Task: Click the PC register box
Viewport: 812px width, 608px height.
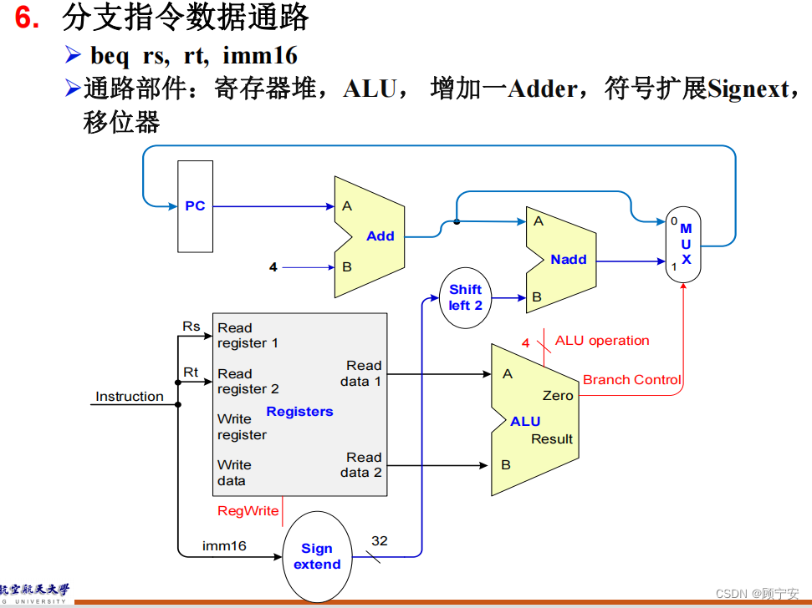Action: [x=195, y=206]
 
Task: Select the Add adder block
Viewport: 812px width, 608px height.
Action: [x=370, y=236]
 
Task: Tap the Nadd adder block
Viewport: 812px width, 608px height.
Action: [x=560, y=260]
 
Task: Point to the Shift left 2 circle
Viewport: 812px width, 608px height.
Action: [x=466, y=297]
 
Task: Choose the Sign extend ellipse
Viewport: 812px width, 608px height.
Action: [x=317, y=556]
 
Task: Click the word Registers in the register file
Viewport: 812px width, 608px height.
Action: [x=299, y=412]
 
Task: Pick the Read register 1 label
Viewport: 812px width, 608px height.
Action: [x=248, y=335]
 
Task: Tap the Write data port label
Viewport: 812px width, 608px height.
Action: [x=234, y=473]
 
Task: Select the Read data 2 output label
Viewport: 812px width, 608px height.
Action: [x=364, y=464]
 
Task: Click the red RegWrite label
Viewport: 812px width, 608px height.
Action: [x=248, y=511]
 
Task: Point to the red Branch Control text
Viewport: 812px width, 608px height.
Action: [x=632, y=380]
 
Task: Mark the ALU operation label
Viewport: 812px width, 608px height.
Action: [x=602, y=341]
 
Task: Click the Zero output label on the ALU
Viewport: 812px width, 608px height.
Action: [x=558, y=396]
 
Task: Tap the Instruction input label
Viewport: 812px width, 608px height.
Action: [x=130, y=397]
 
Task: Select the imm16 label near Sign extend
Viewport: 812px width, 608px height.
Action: [x=224, y=546]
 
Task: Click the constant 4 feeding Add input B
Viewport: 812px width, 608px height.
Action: [x=273, y=267]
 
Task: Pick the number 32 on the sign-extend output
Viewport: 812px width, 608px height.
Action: [x=380, y=541]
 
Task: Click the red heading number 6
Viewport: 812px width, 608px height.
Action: [x=28, y=18]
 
